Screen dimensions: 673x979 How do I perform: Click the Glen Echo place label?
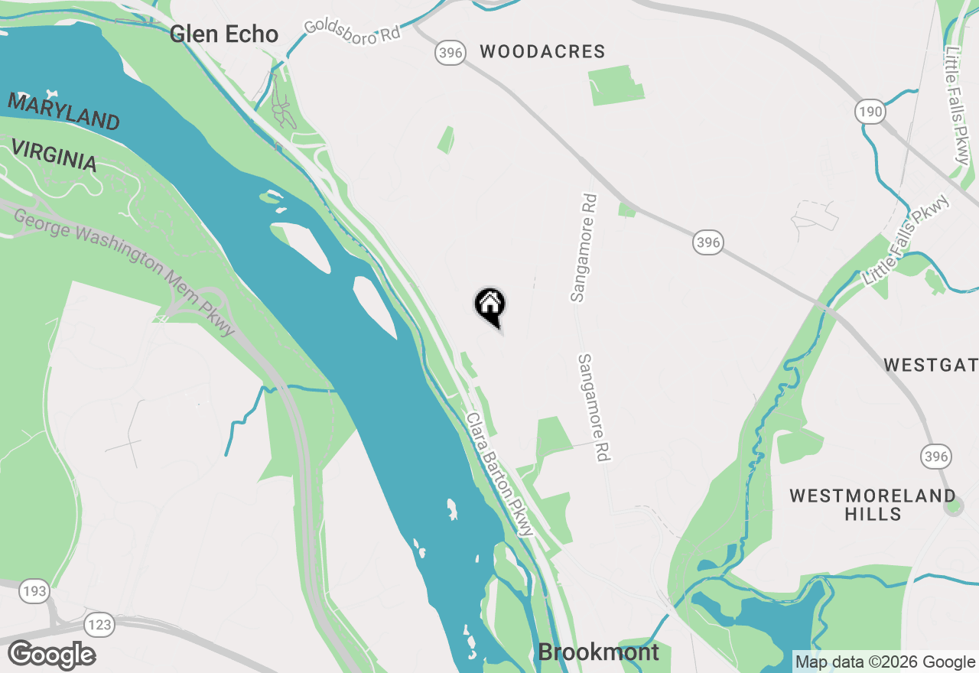(223, 34)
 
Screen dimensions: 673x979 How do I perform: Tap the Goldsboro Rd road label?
(353, 28)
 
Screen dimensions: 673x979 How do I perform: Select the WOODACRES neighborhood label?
(542, 52)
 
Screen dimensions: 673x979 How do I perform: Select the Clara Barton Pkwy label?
(499, 474)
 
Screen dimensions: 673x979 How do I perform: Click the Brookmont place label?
(598, 652)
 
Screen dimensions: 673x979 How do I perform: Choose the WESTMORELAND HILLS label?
(873, 504)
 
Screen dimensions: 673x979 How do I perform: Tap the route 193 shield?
(34, 591)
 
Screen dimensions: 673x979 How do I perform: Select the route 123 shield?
(99, 625)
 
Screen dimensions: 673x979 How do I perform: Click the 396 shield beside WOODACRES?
(450, 53)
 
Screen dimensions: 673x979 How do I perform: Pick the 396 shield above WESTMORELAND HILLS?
(935, 457)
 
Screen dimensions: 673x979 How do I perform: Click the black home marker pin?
(489, 305)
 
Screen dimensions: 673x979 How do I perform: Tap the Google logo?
(52, 655)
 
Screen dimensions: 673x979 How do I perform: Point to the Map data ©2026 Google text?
(885, 662)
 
